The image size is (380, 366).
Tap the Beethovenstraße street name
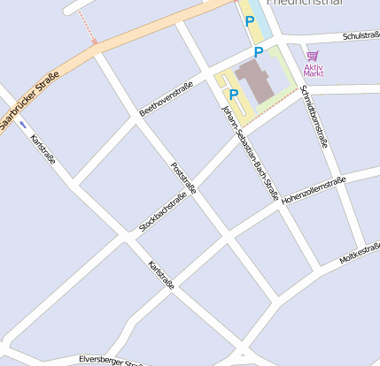pos(166,99)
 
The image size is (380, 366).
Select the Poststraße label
pos(182,179)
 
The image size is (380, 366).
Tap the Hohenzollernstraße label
pos(313,191)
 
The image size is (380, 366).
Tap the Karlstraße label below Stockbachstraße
pos(162,275)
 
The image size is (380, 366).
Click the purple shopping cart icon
pos(313,56)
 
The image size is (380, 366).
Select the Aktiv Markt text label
pos(314,69)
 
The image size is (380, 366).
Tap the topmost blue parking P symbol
pos(250,20)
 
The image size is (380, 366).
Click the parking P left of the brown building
pos(234,94)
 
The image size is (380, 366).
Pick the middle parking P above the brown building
pos(259,52)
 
